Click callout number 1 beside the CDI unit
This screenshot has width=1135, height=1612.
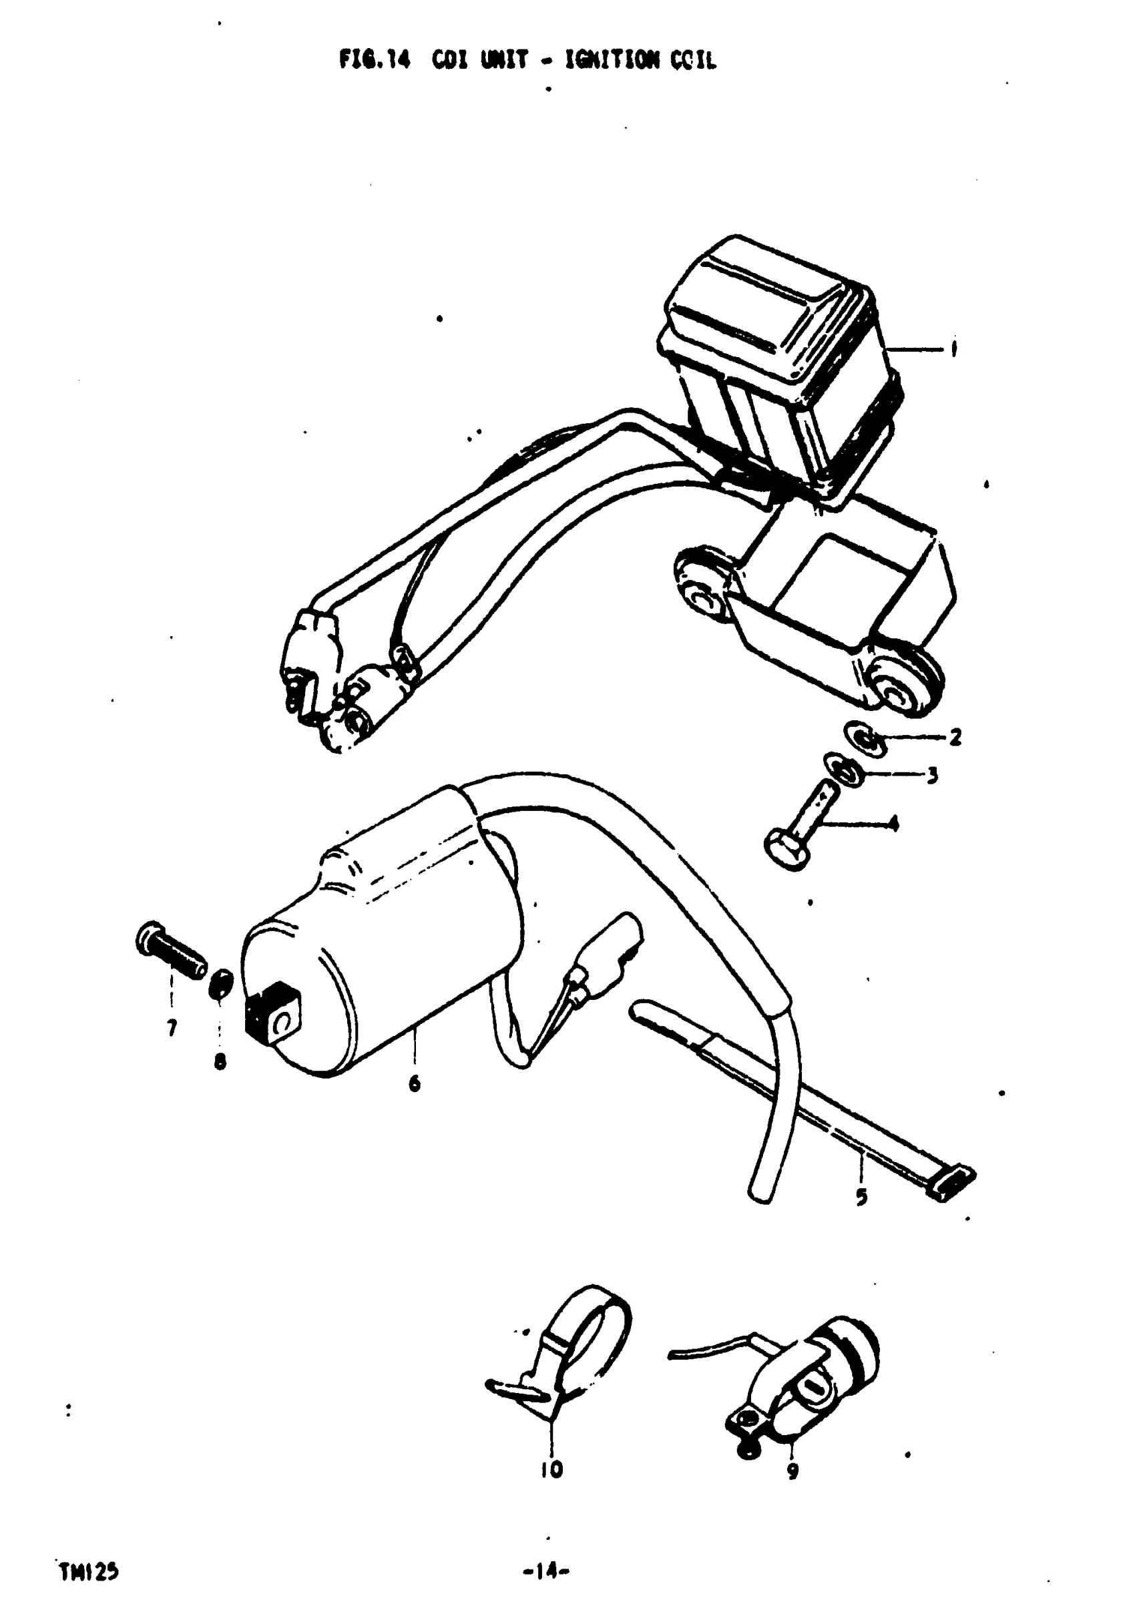click(953, 350)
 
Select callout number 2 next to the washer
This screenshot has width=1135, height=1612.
click(955, 737)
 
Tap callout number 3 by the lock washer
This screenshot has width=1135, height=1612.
click(933, 776)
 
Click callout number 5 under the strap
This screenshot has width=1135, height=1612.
click(862, 1196)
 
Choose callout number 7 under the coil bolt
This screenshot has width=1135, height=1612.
click(172, 1029)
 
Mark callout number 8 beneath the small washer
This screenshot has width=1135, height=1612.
click(220, 1062)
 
